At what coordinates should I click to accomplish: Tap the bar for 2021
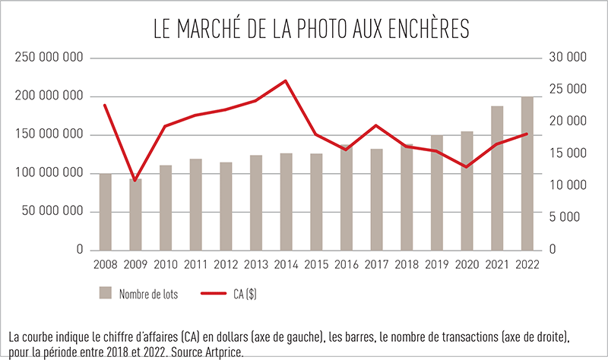(x=497, y=178)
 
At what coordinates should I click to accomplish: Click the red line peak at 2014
(x=285, y=81)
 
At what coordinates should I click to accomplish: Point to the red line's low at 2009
(x=135, y=181)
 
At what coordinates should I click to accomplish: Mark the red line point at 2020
(x=467, y=167)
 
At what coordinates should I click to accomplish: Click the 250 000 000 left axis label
(x=49, y=58)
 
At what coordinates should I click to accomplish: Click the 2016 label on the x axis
(x=346, y=264)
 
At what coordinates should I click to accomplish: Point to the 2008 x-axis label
(x=105, y=264)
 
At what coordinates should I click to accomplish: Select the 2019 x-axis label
(x=436, y=264)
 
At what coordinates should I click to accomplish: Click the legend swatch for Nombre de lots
(x=106, y=292)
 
